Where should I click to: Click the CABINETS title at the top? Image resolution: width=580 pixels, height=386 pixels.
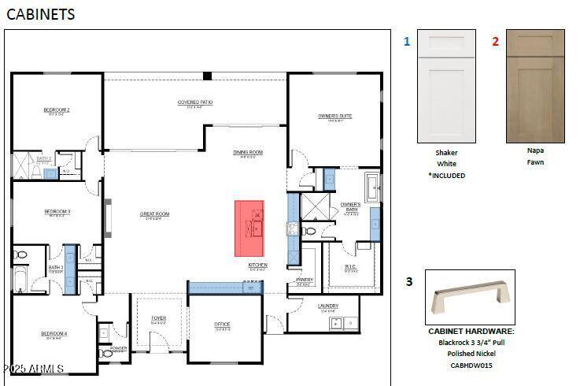click(41, 14)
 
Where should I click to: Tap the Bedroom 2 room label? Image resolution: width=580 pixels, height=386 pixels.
click(57, 109)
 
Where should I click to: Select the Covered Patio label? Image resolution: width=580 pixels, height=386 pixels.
click(195, 102)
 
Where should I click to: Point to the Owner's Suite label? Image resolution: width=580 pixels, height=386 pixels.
click(335, 116)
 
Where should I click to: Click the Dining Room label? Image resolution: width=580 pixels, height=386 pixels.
click(247, 152)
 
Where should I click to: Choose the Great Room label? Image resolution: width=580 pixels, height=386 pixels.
click(155, 213)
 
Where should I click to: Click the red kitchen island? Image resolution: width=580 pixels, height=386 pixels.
click(249, 228)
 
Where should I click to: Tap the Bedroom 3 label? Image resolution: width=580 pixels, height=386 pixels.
click(57, 211)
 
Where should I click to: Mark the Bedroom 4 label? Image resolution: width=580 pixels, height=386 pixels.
click(54, 333)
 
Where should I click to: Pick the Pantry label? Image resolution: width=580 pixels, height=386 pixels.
click(305, 280)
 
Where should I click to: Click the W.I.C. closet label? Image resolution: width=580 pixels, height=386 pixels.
click(351, 266)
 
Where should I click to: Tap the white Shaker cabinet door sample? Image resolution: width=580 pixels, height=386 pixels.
click(446, 86)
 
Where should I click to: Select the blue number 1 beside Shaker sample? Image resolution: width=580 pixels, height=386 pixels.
click(407, 42)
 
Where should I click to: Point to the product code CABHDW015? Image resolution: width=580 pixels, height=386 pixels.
click(471, 366)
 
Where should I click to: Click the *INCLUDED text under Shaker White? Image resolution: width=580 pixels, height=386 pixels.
click(447, 176)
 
